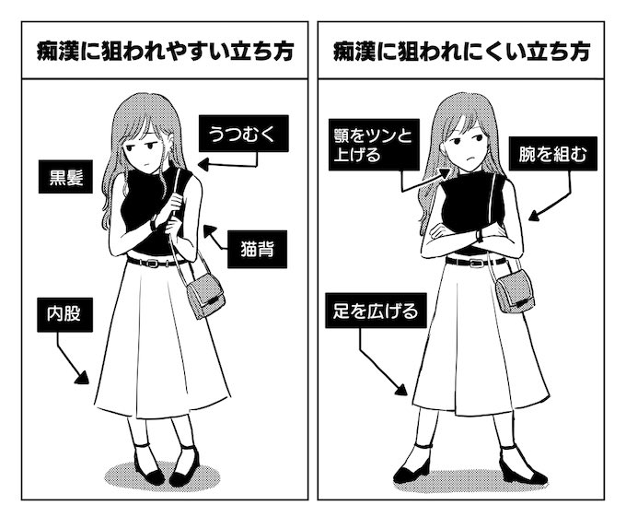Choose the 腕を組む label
(552, 157)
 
